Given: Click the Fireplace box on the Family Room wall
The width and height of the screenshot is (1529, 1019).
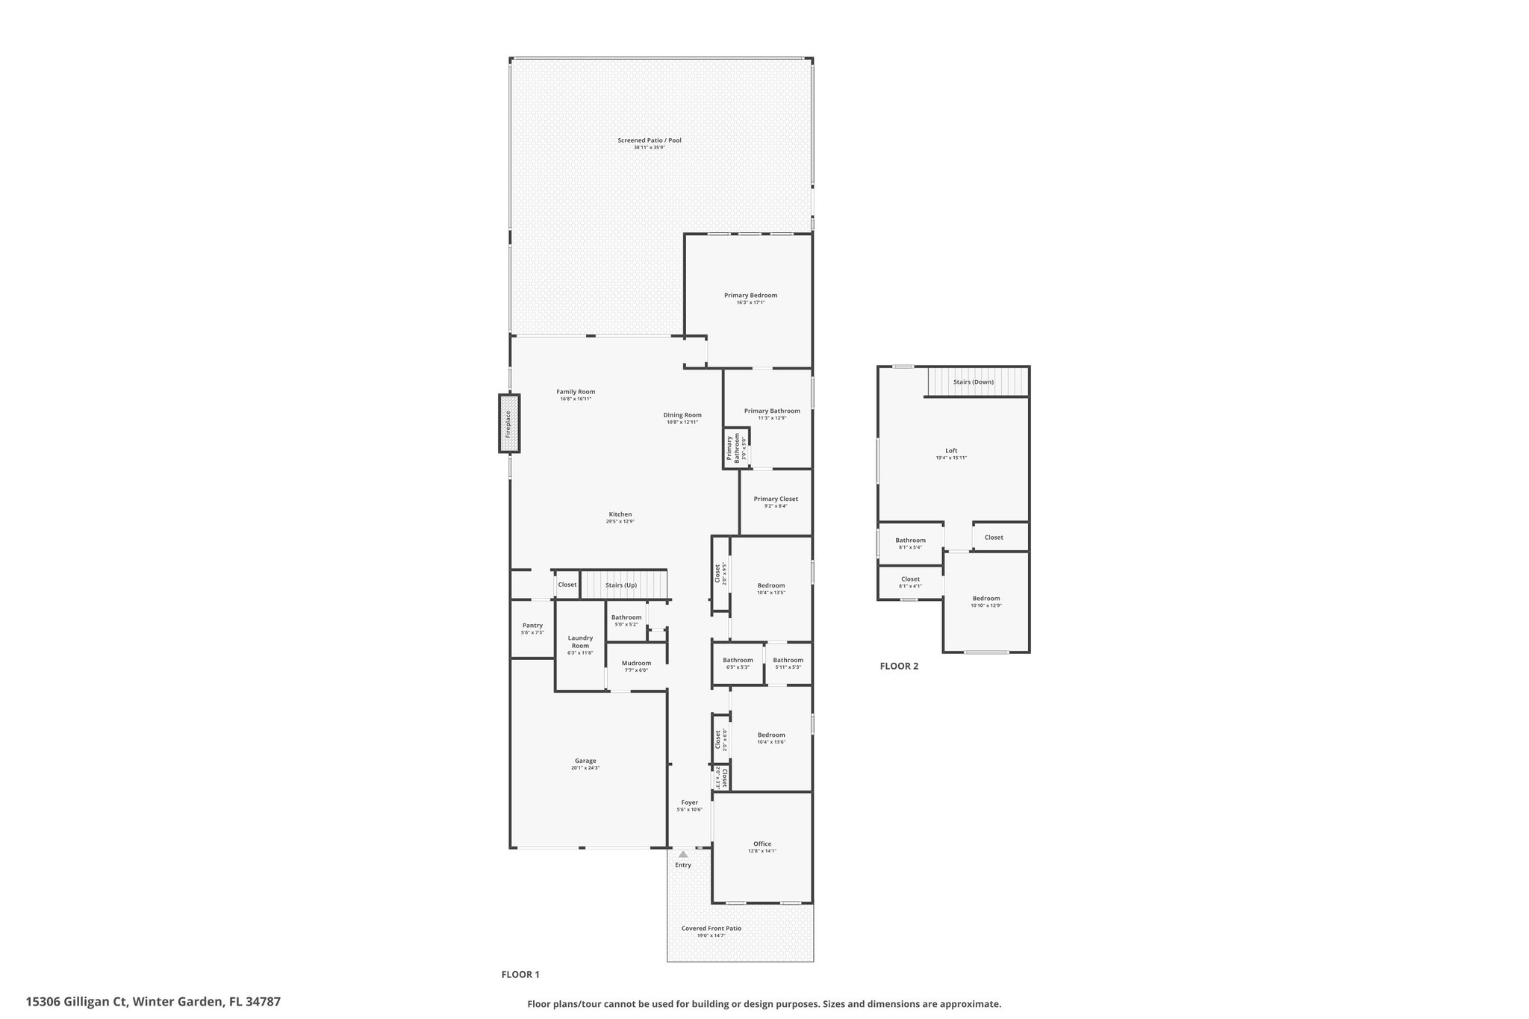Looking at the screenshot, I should tap(509, 423).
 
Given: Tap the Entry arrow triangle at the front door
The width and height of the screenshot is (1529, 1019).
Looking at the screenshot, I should tap(682, 854).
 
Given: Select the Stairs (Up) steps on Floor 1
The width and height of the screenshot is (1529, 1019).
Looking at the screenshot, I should tap(623, 585).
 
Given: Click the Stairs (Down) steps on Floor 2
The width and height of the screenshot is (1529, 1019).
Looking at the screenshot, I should tap(977, 381).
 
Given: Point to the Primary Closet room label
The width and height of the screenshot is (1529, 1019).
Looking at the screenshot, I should tap(776, 499).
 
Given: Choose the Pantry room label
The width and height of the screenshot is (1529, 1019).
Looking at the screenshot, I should tap(532, 626).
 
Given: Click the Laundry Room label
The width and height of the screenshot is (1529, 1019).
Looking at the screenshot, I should tap(580, 641).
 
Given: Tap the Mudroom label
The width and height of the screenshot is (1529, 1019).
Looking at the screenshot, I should tap(636, 663).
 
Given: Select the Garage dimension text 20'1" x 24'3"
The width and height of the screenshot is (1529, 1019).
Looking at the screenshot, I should tap(585, 767).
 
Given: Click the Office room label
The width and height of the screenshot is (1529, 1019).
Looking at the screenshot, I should tap(762, 844).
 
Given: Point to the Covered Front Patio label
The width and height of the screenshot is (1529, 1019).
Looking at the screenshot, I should tap(711, 929).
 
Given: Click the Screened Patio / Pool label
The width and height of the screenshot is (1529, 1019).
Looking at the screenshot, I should tap(649, 140).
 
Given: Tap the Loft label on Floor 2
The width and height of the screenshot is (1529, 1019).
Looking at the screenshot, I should tap(951, 450).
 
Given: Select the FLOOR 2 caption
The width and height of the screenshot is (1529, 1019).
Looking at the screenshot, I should tap(899, 666).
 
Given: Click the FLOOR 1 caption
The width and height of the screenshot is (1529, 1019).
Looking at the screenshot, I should tap(520, 974).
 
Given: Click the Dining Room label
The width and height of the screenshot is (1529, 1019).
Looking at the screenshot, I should tap(682, 415).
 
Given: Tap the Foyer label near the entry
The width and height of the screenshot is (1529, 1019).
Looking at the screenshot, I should tap(689, 803).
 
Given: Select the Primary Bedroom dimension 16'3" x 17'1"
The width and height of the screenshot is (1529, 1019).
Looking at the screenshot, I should tap(750, 302).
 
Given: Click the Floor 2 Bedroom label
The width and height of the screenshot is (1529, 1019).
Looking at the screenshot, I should tap(985, 598).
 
